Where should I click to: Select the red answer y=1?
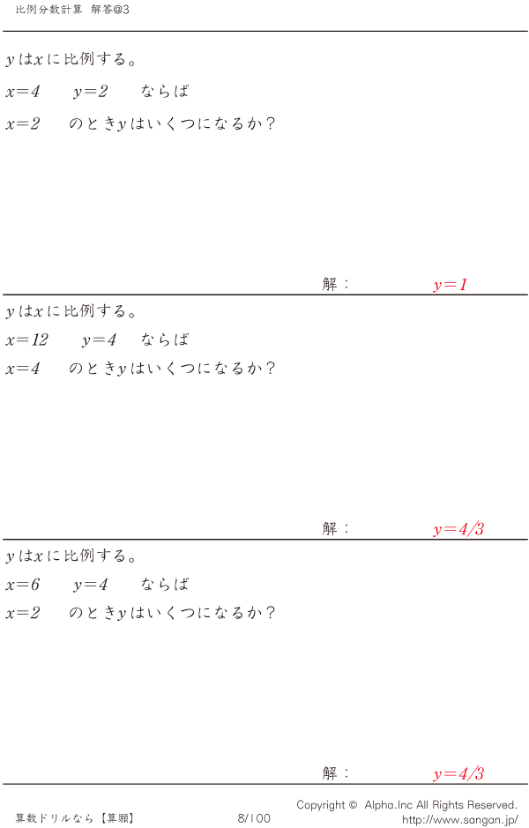click(450, 285)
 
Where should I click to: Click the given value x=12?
click(26, 339)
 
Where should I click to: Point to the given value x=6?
click(22, 584)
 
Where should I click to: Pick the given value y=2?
click(90, 91)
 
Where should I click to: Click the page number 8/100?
click(254, 818)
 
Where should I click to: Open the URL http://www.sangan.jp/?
click(459, 819)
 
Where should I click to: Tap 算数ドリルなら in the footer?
click(55, 818)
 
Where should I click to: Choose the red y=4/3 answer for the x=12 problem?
click(458, 529)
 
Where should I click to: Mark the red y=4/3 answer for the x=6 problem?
click(458, 774)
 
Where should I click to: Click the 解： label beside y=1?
click(336, 284)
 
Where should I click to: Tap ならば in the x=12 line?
click(165, 339)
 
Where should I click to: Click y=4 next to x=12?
click(99, 339)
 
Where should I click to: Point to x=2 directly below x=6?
click(22, 612)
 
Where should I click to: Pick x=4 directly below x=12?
click(22, 368)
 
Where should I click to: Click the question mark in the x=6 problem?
click(271, 612)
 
